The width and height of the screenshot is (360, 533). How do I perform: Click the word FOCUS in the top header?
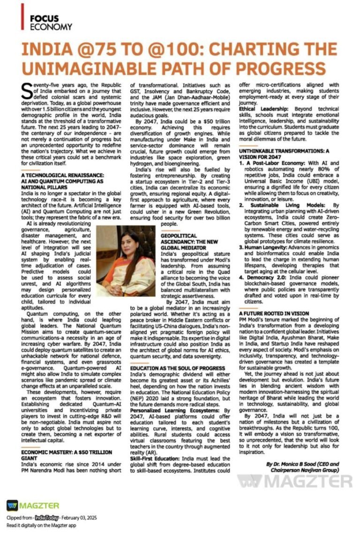44,18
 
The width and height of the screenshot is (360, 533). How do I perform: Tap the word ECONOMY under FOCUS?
51,27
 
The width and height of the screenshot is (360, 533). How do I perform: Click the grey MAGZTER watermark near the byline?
294,481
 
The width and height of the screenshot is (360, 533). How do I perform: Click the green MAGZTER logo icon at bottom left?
12,505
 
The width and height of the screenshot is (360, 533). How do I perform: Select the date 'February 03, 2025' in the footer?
75,518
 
